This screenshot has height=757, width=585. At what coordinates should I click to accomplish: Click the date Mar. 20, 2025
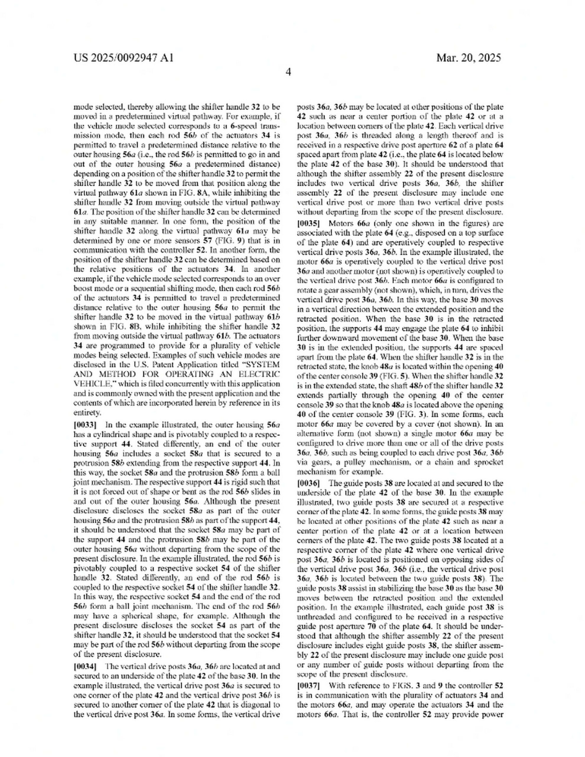(x=468, y=58)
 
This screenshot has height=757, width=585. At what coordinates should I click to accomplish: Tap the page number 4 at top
(x=288, y=72)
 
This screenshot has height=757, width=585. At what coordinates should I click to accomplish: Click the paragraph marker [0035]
(x=308, y=223)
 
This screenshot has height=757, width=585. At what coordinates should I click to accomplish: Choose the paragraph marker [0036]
(x=308, y=483)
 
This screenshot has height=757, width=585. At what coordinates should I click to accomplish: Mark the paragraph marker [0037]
(x=308, y=686)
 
